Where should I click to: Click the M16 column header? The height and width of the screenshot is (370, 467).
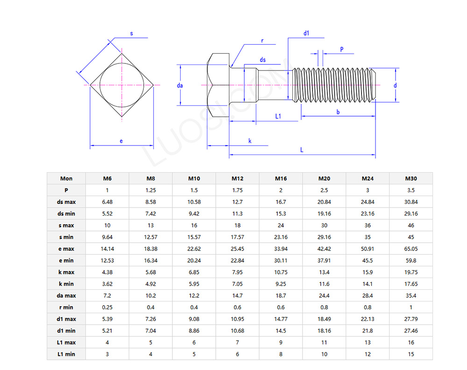tap(281, 178)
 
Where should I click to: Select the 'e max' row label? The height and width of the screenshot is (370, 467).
tap(66, 249)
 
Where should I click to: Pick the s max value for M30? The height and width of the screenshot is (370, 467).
tap(411, 225)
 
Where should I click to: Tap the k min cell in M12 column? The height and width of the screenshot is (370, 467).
tap(237, 284)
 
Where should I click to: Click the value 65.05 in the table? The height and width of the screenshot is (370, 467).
tap(411, 249)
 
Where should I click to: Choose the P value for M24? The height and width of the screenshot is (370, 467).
tap(368, 190)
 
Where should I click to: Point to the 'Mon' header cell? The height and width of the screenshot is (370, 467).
tap(66, 178)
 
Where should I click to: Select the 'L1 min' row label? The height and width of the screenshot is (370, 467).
tap(66, 354)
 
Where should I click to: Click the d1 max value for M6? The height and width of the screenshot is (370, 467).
tap(107, 319)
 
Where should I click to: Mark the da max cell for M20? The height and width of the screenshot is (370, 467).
tap(324, 295)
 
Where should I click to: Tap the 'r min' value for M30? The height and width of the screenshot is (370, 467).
tap(411, 307)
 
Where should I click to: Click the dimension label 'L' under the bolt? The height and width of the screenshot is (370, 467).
tap(302, 150)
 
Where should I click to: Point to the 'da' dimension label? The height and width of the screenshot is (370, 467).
tap(180, 85)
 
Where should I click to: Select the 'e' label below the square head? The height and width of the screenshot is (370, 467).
tap(121, 141)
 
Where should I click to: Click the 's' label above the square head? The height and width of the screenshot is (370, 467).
tap(131, 34)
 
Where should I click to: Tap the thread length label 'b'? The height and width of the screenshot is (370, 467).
tap(338, 112)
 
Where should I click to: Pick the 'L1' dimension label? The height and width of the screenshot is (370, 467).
tap(278, 116)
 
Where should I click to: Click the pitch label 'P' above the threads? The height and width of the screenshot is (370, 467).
tap(342, 49)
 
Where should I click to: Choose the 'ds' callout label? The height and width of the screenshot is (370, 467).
tap(263, 60)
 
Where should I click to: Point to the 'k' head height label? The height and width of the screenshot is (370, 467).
tap(250, 140)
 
